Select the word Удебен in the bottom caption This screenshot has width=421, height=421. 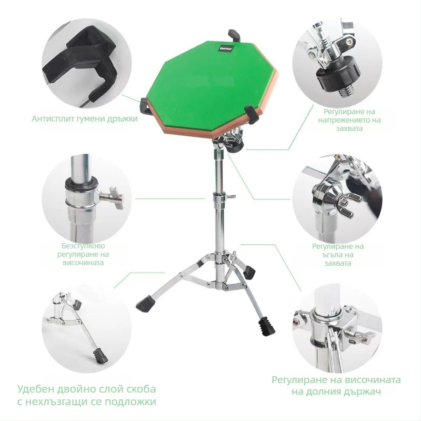coord(36,389)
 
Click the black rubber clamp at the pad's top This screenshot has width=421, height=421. coord(234,36)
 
